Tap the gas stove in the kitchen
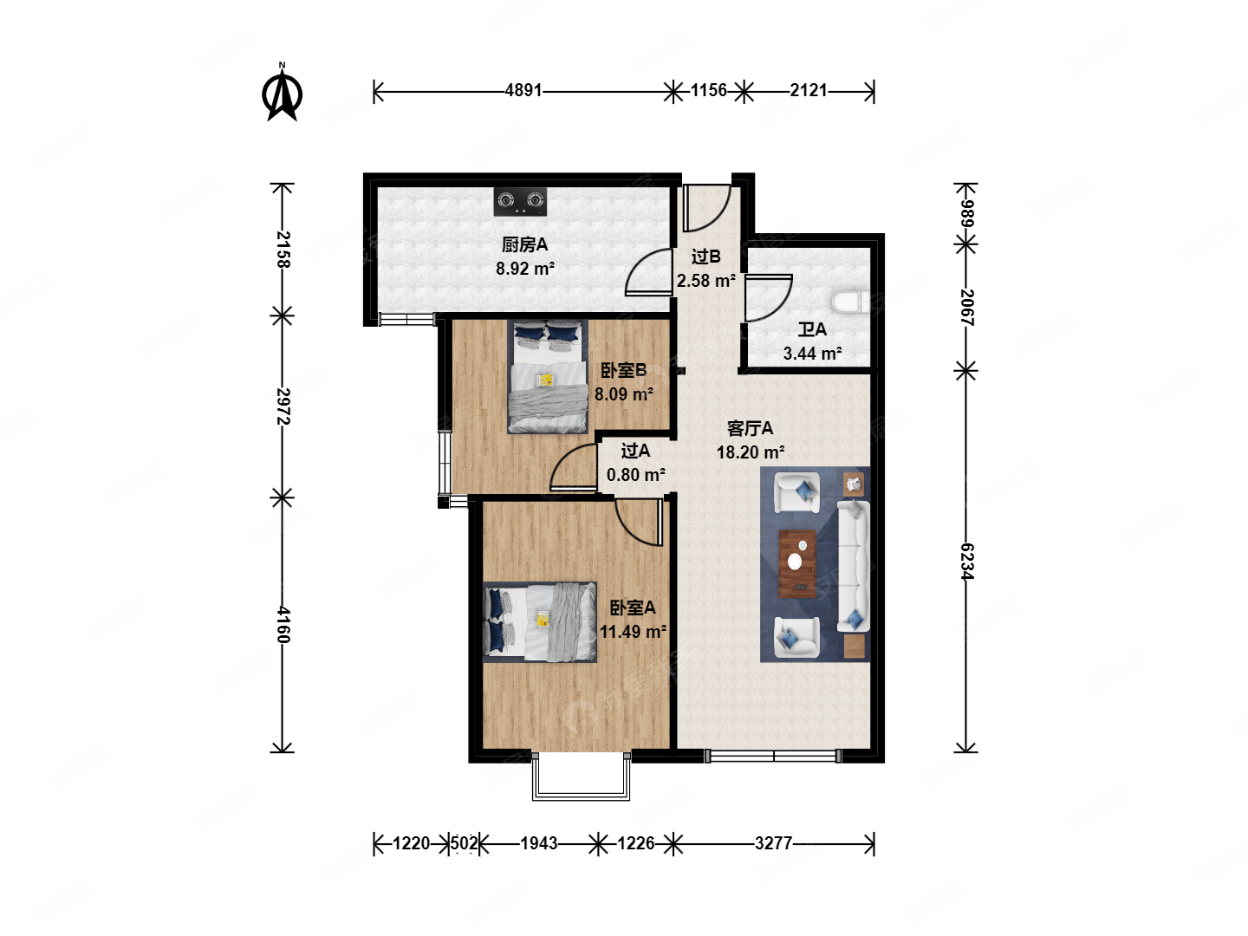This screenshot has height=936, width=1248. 520,202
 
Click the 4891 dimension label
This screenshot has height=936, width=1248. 523,90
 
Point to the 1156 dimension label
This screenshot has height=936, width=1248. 708,90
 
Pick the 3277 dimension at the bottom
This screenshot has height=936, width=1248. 773,842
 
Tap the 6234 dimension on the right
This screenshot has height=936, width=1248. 967,561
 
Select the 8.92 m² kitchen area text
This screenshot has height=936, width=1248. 525,269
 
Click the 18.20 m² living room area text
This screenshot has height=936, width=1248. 751,452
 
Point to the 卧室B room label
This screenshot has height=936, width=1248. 624,371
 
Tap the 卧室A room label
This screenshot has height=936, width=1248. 633,608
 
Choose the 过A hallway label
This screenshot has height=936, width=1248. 635,451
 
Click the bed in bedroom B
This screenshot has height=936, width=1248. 548,376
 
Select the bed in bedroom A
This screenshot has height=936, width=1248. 540,621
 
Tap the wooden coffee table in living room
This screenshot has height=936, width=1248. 797,563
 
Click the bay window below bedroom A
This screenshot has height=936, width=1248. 581,776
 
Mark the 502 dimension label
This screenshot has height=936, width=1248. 464,842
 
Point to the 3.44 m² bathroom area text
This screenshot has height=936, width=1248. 812,354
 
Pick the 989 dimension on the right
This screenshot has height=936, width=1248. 967,214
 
